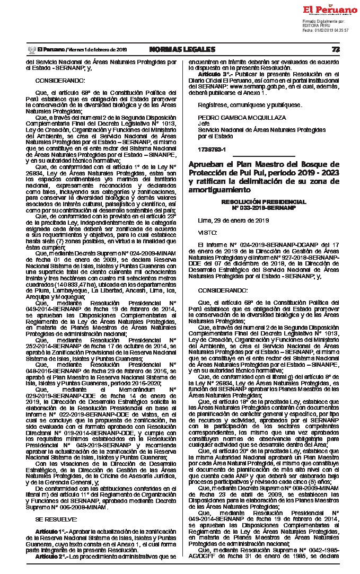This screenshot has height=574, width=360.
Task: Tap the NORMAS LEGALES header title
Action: click(x=182, y=49)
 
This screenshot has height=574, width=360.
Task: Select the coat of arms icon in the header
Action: click(x=30, y=49)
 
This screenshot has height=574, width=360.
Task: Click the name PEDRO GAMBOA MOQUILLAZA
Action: click(x=234, y=117)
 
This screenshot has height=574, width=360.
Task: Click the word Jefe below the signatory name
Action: click(x=204, y=123)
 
